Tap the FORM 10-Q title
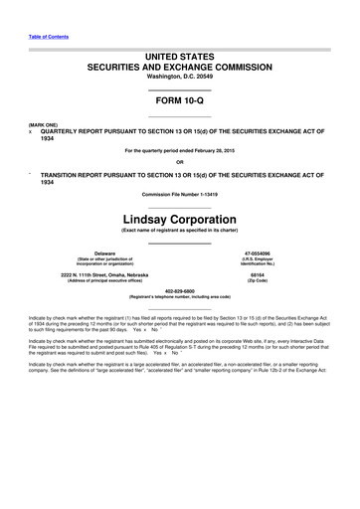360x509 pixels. coord(180,102)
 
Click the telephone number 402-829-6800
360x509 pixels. coord(180,290)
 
